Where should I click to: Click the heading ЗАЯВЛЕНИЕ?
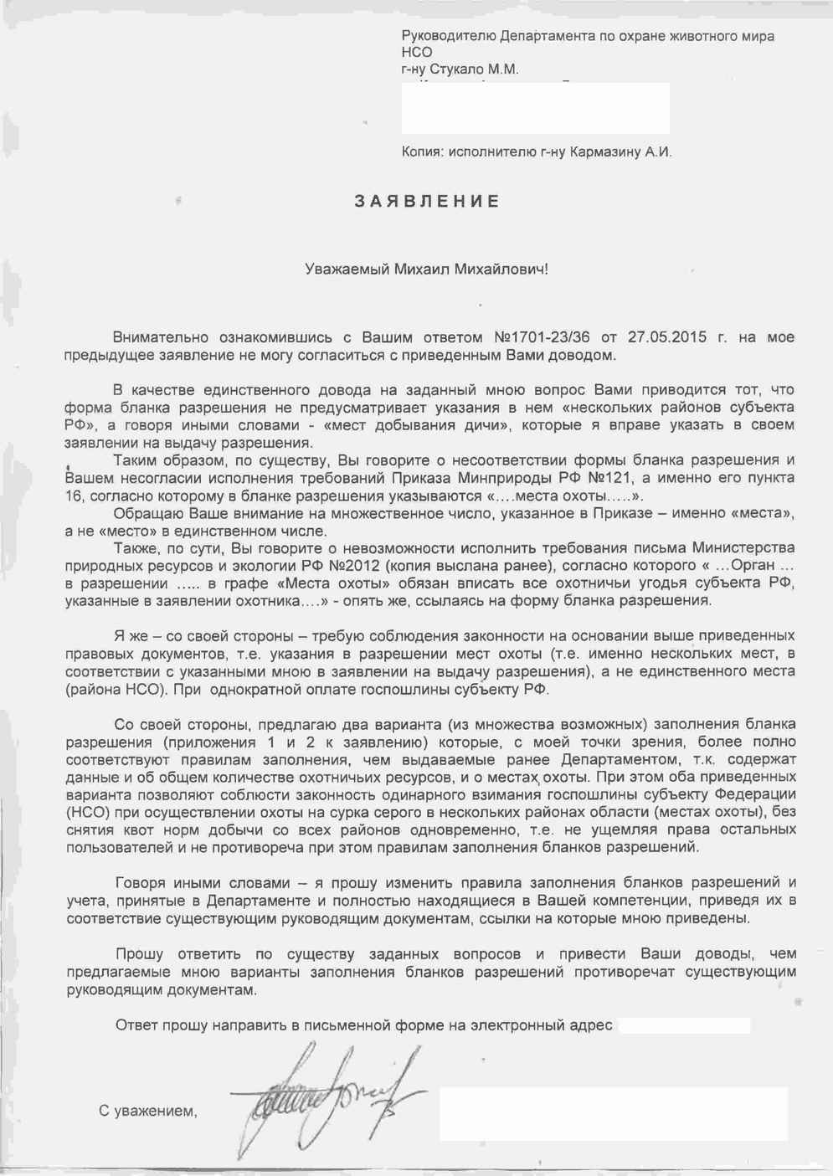tap(427, 202)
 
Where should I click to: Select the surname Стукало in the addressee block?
tap(464, 69)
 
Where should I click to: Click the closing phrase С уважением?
tap(148, 1111)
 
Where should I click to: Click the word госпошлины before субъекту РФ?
tap(422, 690)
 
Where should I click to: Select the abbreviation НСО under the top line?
tap(417, 52)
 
